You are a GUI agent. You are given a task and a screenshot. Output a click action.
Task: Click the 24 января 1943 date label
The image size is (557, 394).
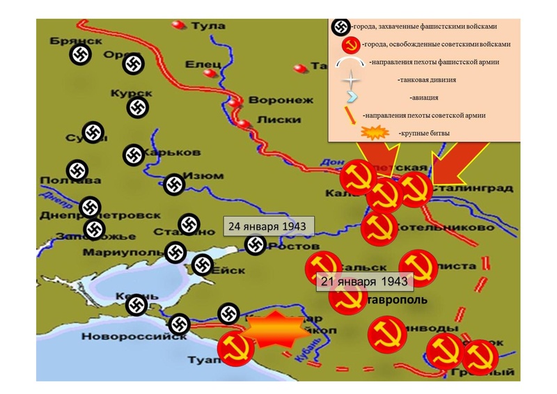pyautogui.click(x=267, y=227)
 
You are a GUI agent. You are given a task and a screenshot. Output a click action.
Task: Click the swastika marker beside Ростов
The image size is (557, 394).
pyautogui.click(x=256, y=244)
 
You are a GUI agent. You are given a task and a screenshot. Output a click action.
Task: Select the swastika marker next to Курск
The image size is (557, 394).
pyautogui.click(x=136, y=107)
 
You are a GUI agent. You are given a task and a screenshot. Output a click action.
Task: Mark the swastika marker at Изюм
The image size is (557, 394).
pyautogui.click(x=173, y=184)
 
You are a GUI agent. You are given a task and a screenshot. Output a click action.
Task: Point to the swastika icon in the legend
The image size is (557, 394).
pyautogui.click(x=340, y=26)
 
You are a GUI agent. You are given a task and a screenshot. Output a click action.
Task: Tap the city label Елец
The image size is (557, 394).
pyautogui.click(x=203, y=65)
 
